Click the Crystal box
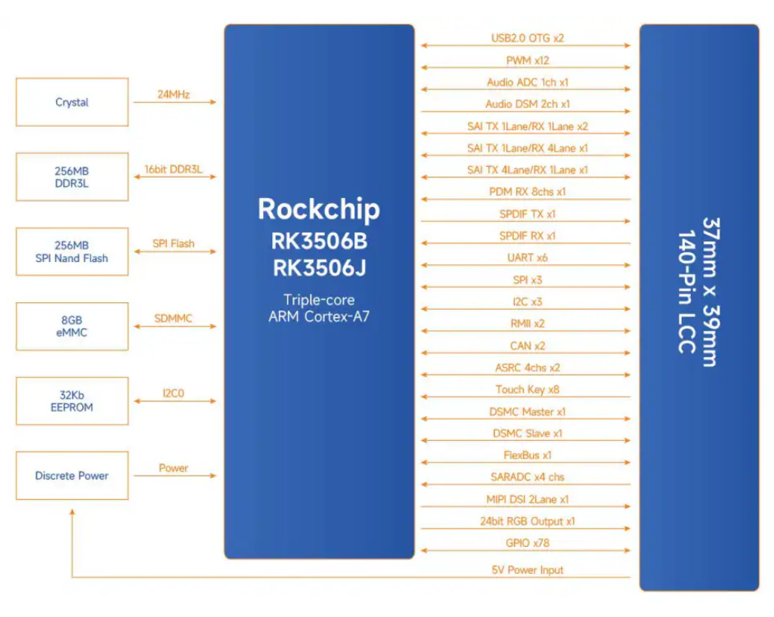pyautogui.click(x=72, y=103)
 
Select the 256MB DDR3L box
pyautogui.click(x=72, y=177)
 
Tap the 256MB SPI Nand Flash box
pyautogui.click(x=72, y=252)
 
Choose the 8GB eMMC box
pyautogui.click(x=72, y=326)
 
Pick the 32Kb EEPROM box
pyautogui.click(x=72, y=401)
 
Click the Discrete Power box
pyautogui.click(x=72, y=476)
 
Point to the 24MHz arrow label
pyautogui.click(x=173, y=95)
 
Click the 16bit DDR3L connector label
pyautogui.click(x=173, y=170)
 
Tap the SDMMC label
pyautogui.click(x=173, y=319)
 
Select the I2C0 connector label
pyautogui.click(x=173, y=393)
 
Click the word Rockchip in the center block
pyautogui.click(x=318, y=209)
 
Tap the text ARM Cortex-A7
pyautogui.click(x=318, y=316)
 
